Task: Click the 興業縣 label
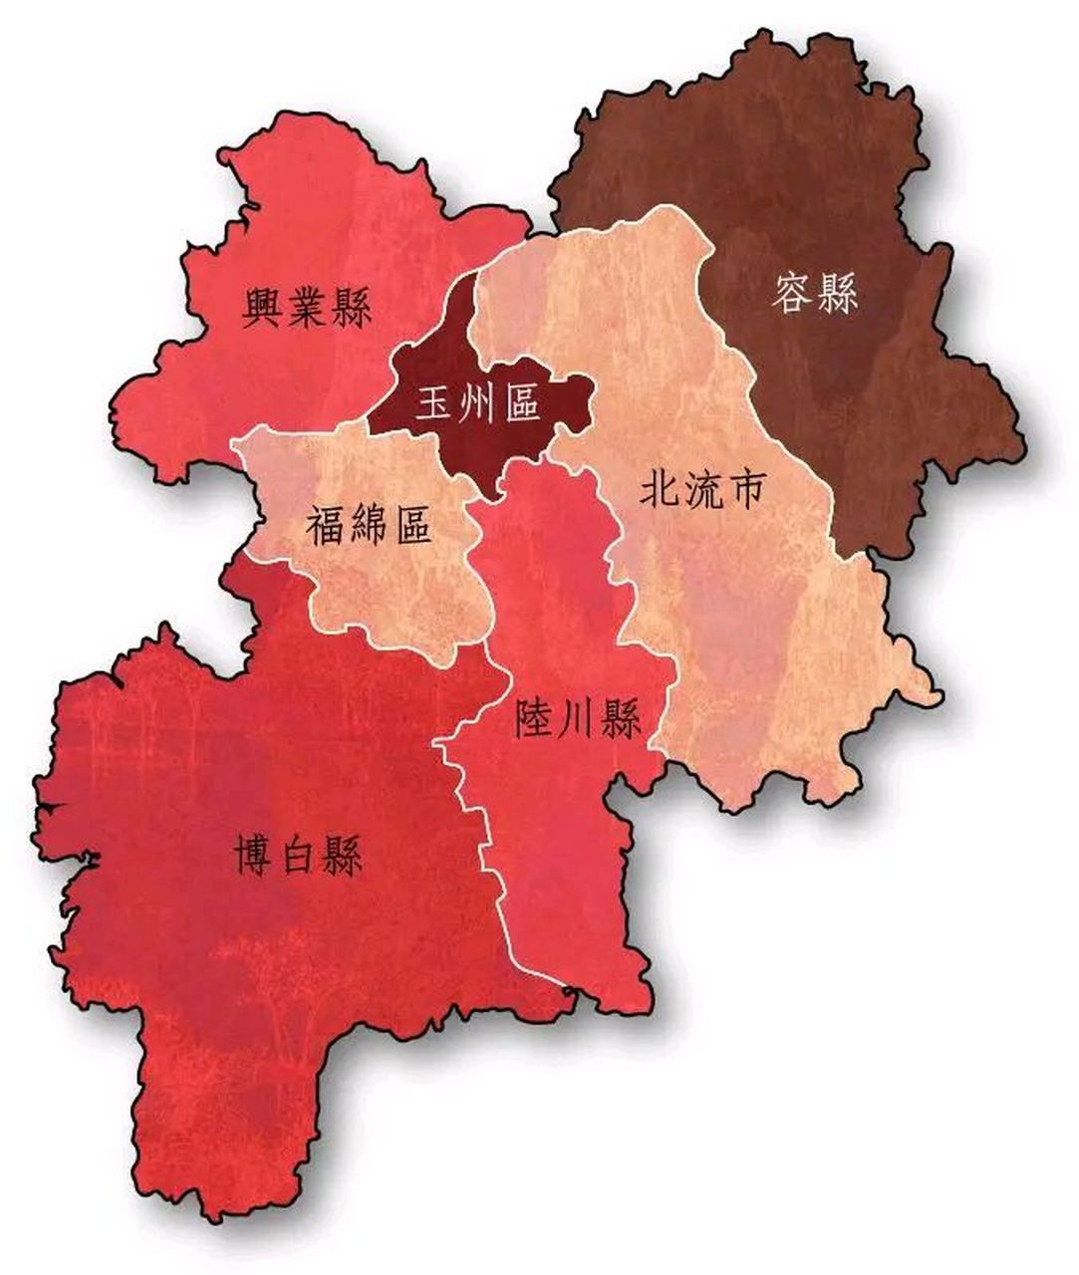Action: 307,308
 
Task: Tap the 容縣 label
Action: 815,293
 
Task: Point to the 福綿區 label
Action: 369,524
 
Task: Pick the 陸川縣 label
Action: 578,717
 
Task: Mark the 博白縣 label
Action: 299,856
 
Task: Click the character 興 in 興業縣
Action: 264,308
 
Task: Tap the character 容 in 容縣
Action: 792,293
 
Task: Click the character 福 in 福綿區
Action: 326,525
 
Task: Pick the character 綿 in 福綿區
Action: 369,525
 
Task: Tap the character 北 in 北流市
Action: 659,490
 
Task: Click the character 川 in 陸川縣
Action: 578,718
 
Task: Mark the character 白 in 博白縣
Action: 299,857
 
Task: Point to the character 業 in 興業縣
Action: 307,308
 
